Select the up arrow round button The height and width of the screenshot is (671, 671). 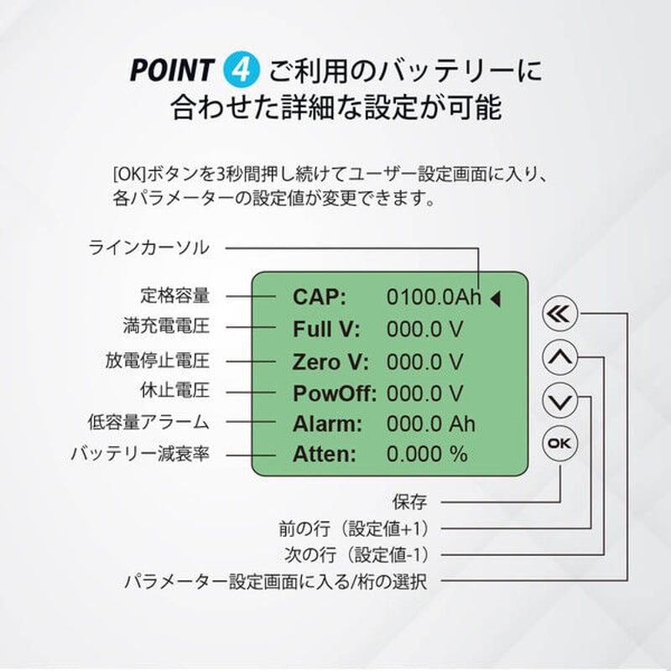tap(560, 358)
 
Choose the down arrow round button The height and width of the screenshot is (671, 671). tap(560, 400)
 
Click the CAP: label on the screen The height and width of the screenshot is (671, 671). tap(320, 297)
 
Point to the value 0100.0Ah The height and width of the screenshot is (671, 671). tap(434, 297)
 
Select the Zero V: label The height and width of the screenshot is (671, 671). tap(330, 361)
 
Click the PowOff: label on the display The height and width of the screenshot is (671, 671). tap(335, 393)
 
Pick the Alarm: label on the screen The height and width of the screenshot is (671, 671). tap(327, 424)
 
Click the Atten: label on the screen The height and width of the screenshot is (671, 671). tap(325, 455)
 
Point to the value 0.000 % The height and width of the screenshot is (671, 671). tap(427, 455)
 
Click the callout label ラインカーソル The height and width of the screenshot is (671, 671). tap(149, 248)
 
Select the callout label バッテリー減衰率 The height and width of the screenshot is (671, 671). tap(139, 454)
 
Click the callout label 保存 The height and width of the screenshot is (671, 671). tap(409, 502)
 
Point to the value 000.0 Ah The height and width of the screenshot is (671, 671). tap(431, 424)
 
